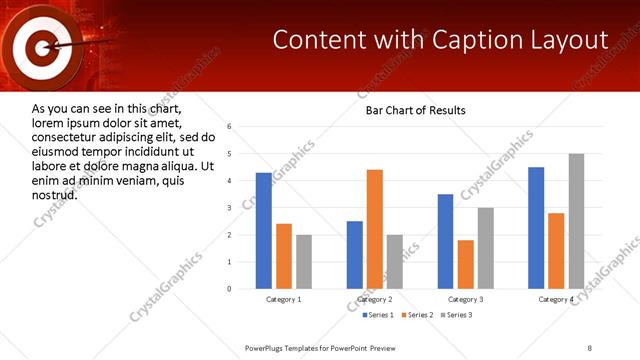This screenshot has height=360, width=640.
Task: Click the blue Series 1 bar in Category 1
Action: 264,231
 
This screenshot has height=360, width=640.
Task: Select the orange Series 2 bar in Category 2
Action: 375,229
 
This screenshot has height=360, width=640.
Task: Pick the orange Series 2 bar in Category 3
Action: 466,264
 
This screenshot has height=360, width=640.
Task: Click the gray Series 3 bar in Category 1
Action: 304,262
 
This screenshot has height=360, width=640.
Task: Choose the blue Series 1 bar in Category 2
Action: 355,255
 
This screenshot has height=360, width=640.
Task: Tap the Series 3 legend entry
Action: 456,315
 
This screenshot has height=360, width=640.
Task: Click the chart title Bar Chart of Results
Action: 415,110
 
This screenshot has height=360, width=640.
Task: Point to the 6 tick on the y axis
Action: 230,127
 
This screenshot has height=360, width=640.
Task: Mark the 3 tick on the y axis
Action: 230,208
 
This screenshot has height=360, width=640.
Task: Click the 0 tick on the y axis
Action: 230,289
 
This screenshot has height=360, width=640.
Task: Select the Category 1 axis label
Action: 284,300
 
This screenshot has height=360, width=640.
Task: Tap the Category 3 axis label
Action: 466,300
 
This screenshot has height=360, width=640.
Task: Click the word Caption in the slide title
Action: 472,40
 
